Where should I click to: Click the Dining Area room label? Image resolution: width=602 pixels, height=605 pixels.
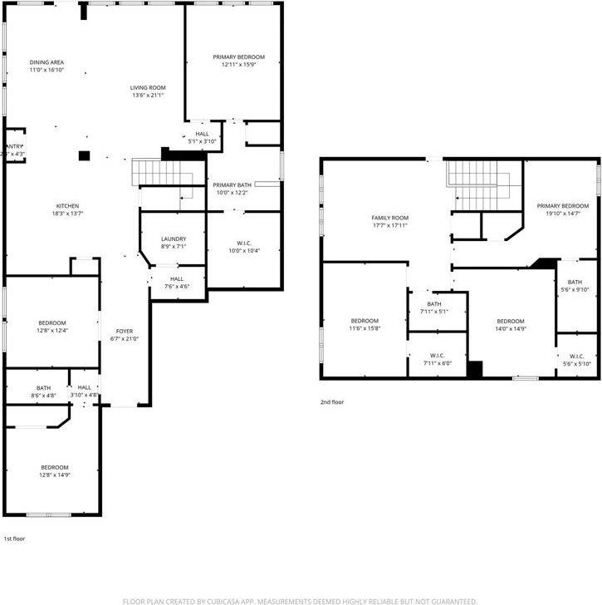46,62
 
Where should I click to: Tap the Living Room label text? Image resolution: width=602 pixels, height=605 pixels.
148,87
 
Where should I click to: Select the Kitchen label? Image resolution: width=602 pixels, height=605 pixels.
67,206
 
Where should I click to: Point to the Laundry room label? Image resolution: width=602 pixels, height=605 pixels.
173,239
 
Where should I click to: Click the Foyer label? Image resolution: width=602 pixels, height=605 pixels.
123,331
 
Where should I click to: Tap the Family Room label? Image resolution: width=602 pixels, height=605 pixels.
389,218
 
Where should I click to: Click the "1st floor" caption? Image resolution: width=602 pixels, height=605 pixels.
14,539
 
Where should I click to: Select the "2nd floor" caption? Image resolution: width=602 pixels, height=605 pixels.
332,402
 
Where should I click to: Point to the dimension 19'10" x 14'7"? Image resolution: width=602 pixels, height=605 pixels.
562,214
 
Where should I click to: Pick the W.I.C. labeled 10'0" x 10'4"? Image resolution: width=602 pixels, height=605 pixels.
244,243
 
